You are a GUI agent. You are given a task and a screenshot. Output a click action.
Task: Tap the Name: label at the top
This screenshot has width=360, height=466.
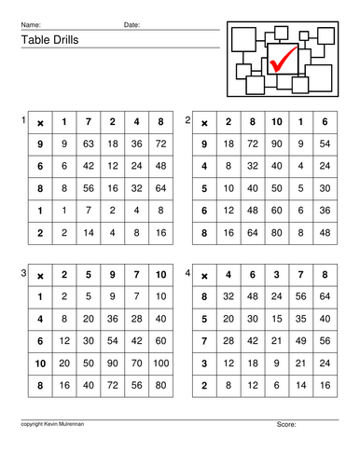(x=31, y=24)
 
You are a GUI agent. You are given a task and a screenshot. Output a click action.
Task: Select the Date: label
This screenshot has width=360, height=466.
(x=132, y=24)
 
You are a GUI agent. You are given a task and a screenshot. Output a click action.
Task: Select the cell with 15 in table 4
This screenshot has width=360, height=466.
(x=276, y=318)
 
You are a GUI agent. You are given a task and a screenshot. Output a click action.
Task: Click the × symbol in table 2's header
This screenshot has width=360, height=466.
(x=204, y=122)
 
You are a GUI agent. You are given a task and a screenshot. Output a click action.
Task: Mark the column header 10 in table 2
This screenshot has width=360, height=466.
(x=276, y=122)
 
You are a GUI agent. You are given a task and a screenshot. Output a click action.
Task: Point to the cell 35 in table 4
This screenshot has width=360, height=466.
(x=300, y=318)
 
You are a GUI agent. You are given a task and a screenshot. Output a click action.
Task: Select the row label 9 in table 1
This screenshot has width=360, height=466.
(x=39, y=144)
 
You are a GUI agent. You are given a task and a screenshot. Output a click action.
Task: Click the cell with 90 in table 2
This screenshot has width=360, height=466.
(x=276, y=144)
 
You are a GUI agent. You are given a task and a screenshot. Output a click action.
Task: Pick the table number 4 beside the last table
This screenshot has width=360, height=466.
(x=187, y=272)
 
